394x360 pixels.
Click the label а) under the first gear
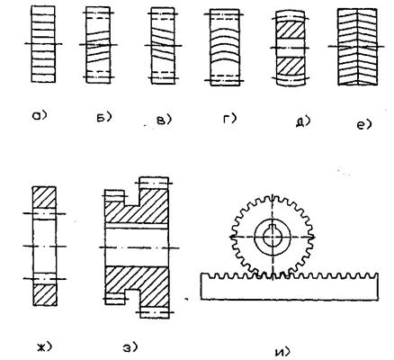click(x=40, y=115)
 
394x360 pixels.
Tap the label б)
click(x=103, y=117)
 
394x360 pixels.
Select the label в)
click(x=165, y=121)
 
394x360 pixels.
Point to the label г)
click(x=229, y=119)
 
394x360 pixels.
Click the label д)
click(x=303, y=121)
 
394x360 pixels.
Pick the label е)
click(x=364, y=124)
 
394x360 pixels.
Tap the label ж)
click(x=45, y=347)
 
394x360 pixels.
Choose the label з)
click(x=130, y=347)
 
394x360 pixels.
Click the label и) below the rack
click(x=282, y=352)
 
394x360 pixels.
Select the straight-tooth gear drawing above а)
click(x=43, y=44)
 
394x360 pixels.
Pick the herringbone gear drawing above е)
click(x=357, y=47)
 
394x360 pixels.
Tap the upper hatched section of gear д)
click(x=290, y=31)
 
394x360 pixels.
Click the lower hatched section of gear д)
click(x=290, y=66)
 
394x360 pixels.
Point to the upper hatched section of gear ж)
click(x=44, y=197)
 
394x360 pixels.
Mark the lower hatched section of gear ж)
click(x=44, y=295)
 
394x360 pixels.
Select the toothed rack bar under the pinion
click(x=289, y=286)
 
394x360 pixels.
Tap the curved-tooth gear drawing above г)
click(x=225, y=48)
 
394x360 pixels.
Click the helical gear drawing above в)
click(x=163, y=46)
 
